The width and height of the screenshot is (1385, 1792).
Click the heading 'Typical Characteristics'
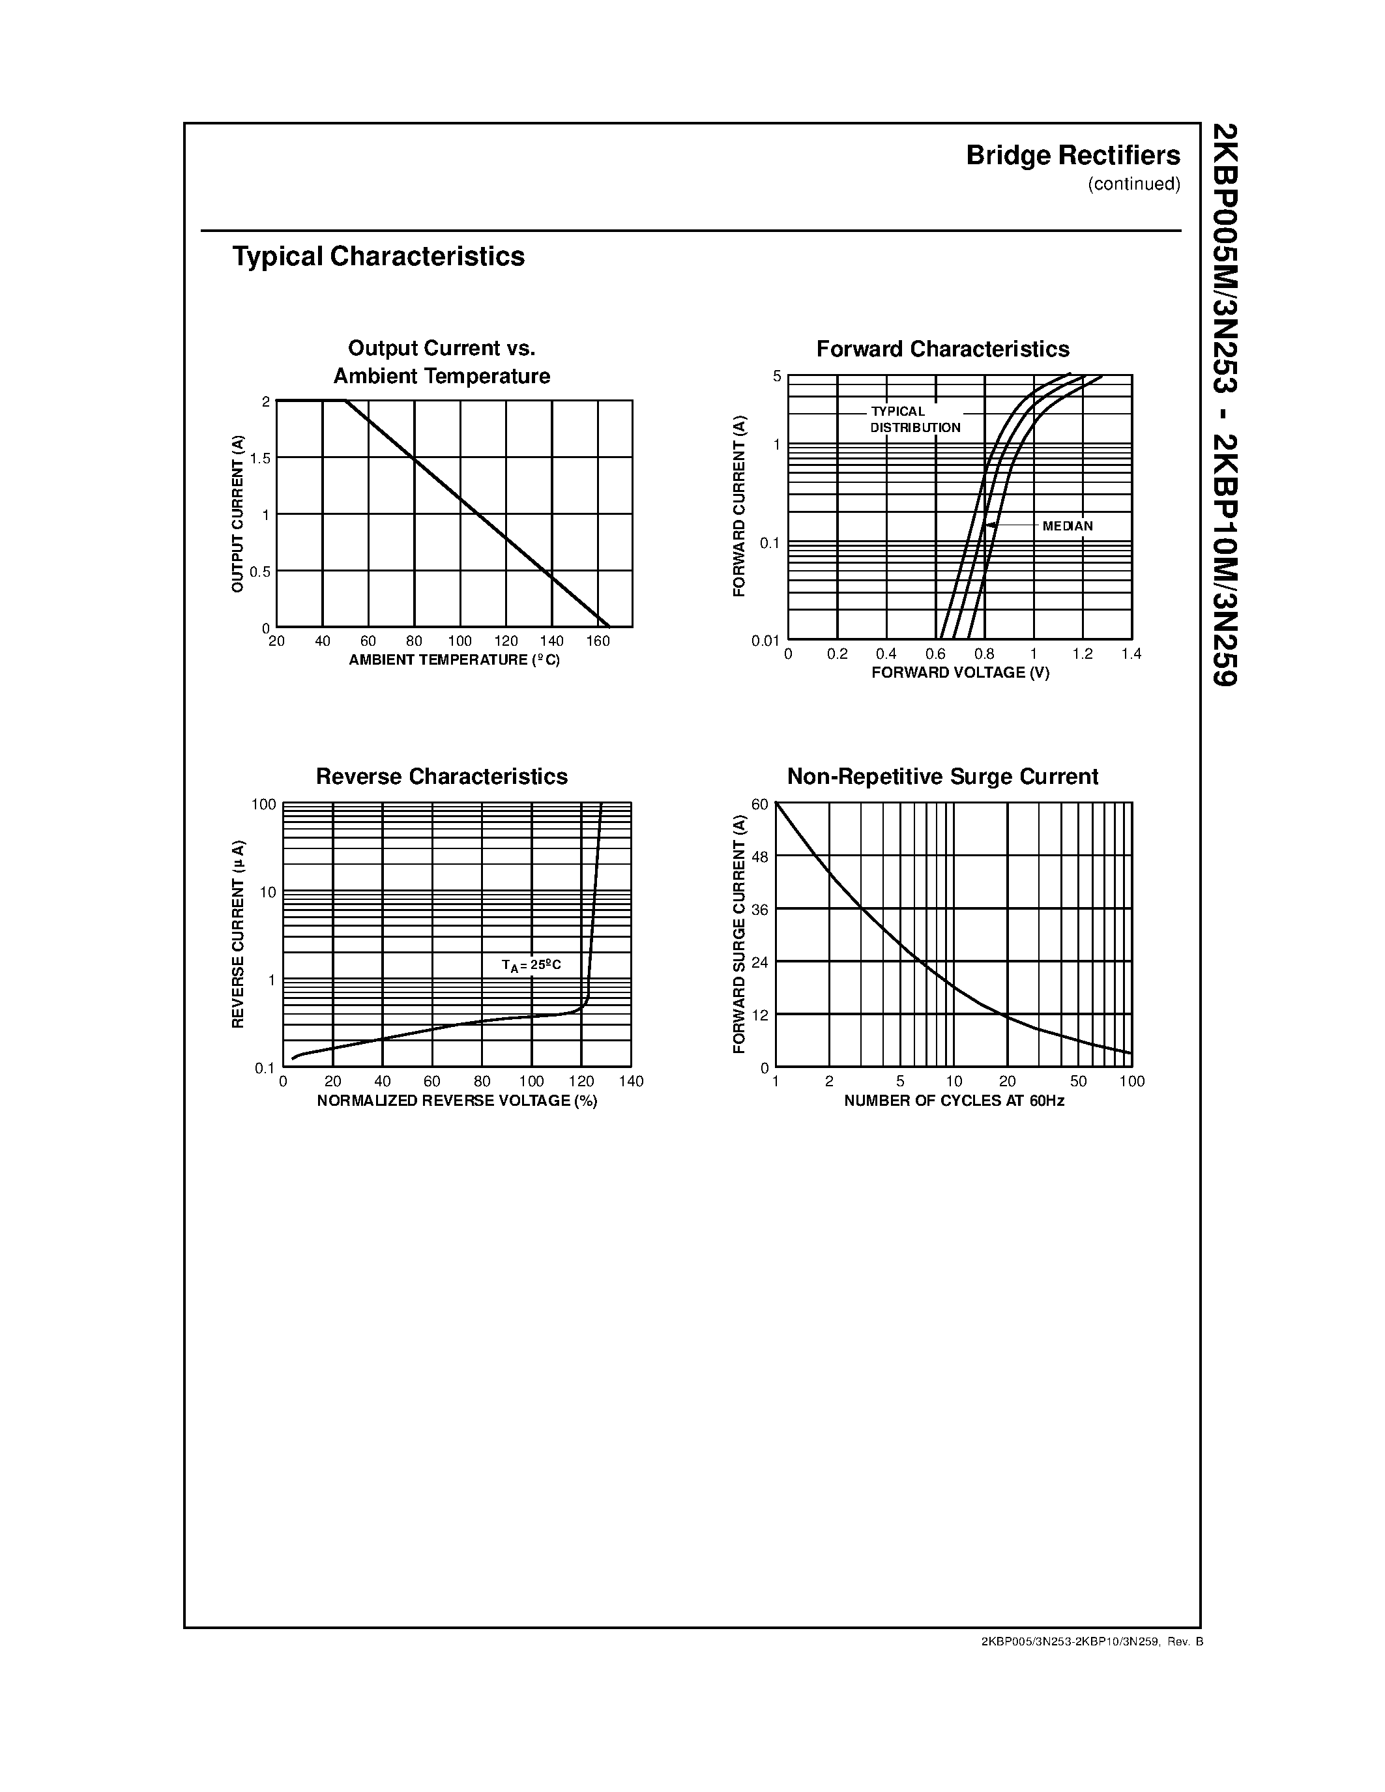tap(378, 257)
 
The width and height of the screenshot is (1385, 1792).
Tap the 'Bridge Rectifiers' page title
tap(1072, 156)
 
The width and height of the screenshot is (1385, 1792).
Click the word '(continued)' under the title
tap(1134, 184)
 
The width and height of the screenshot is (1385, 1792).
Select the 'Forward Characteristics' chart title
tap(942, 349)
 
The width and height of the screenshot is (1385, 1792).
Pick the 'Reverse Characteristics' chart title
tap(441, 777)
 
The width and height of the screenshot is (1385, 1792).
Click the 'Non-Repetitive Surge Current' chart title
tap(942, 777)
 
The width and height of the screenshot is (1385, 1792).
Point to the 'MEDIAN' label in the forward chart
tap(1067, 526)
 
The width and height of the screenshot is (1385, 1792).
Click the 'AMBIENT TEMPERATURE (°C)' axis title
tap(454, 661)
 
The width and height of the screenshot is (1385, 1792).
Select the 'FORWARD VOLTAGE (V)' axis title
tap(960, 673)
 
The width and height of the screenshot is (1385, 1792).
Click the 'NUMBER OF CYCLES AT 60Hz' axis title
tap(954, 1101)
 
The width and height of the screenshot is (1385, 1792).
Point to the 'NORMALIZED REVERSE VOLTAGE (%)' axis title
tap(457, 1101)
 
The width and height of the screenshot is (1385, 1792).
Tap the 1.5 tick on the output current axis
tap(260, 459)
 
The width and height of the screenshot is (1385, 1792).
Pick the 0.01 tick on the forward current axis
tap(765, 641)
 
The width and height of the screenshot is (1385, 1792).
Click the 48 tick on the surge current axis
tap(760, 858)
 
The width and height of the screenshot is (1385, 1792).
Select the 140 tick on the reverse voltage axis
tap(630, 1082)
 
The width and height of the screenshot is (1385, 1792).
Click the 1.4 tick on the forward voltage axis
tap(1131, 654)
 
